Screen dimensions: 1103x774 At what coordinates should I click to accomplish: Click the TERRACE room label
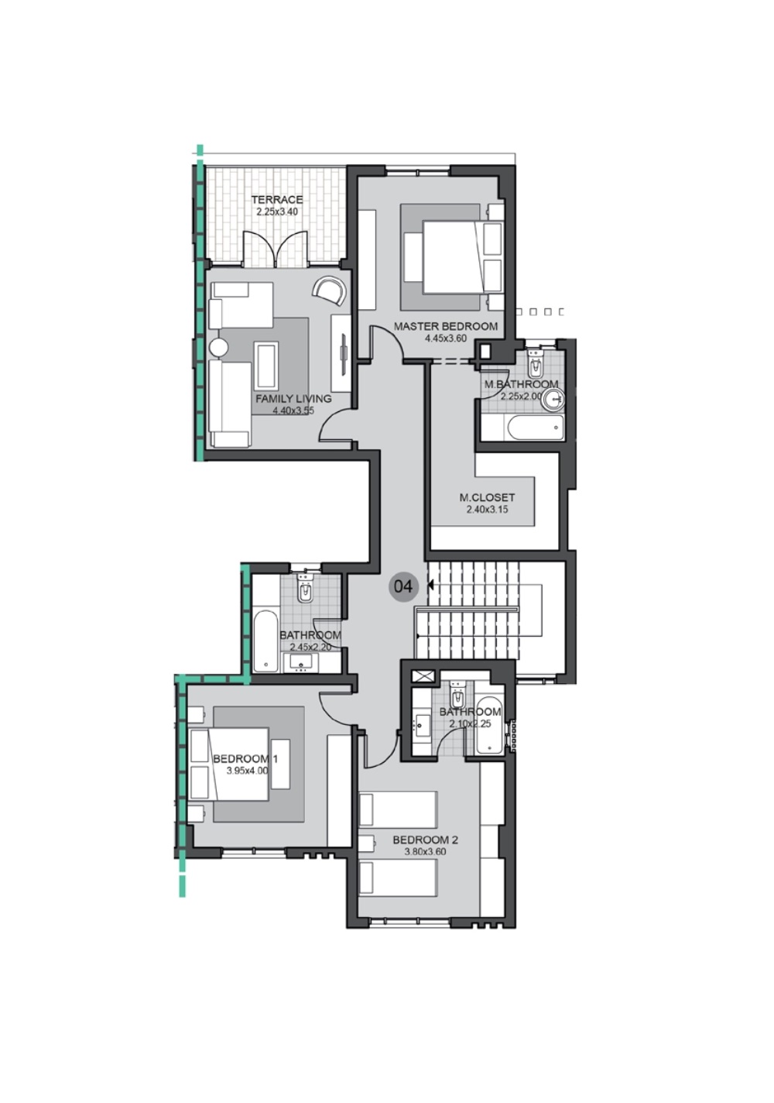277,200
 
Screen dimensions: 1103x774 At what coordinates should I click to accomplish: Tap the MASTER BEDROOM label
445,326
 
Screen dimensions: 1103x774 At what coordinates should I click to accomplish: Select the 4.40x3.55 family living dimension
293,411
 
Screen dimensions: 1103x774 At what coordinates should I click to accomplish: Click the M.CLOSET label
487,498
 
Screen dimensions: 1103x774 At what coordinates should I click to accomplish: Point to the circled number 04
402,586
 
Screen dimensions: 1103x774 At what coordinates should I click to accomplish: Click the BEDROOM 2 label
425,840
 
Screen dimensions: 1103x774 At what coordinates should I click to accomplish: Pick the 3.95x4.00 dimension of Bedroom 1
247,771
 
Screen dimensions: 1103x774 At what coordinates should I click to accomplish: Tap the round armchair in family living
328,290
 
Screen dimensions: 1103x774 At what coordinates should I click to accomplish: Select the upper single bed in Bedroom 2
398,810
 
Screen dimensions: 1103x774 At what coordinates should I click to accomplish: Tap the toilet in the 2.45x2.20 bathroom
306,593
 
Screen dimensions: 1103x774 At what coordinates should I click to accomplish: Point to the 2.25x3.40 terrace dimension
277,211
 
